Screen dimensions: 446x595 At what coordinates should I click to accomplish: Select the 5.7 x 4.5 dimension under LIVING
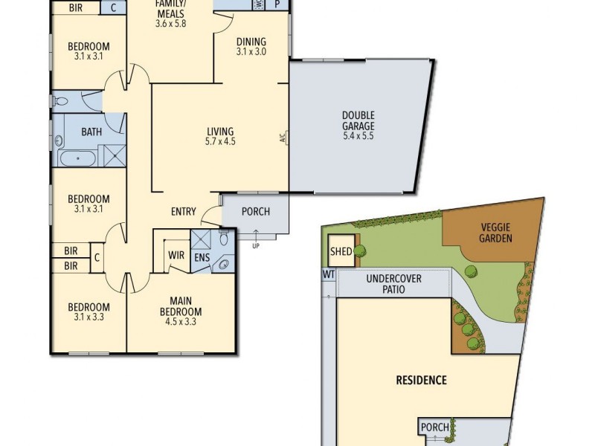220,141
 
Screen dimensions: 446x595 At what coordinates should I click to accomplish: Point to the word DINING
251,42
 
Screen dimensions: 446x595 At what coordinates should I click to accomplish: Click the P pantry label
277,4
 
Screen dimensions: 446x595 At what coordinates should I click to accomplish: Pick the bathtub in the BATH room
77,158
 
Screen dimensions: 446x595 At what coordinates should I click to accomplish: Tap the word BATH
91,132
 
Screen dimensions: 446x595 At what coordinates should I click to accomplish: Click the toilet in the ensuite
223,239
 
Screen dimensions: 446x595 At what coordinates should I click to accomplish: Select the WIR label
176,255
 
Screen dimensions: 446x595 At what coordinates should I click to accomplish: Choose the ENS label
202,258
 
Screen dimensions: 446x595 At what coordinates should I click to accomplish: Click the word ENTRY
183,212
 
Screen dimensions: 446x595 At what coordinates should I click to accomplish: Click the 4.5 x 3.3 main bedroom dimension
181,322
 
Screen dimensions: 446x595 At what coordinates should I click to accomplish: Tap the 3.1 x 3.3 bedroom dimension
89,317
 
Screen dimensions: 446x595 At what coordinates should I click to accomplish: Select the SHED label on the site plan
341,252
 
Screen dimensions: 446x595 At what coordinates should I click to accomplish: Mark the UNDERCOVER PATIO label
393,284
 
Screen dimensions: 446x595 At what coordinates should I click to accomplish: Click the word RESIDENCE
420,381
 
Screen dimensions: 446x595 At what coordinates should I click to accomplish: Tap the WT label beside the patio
327,274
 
